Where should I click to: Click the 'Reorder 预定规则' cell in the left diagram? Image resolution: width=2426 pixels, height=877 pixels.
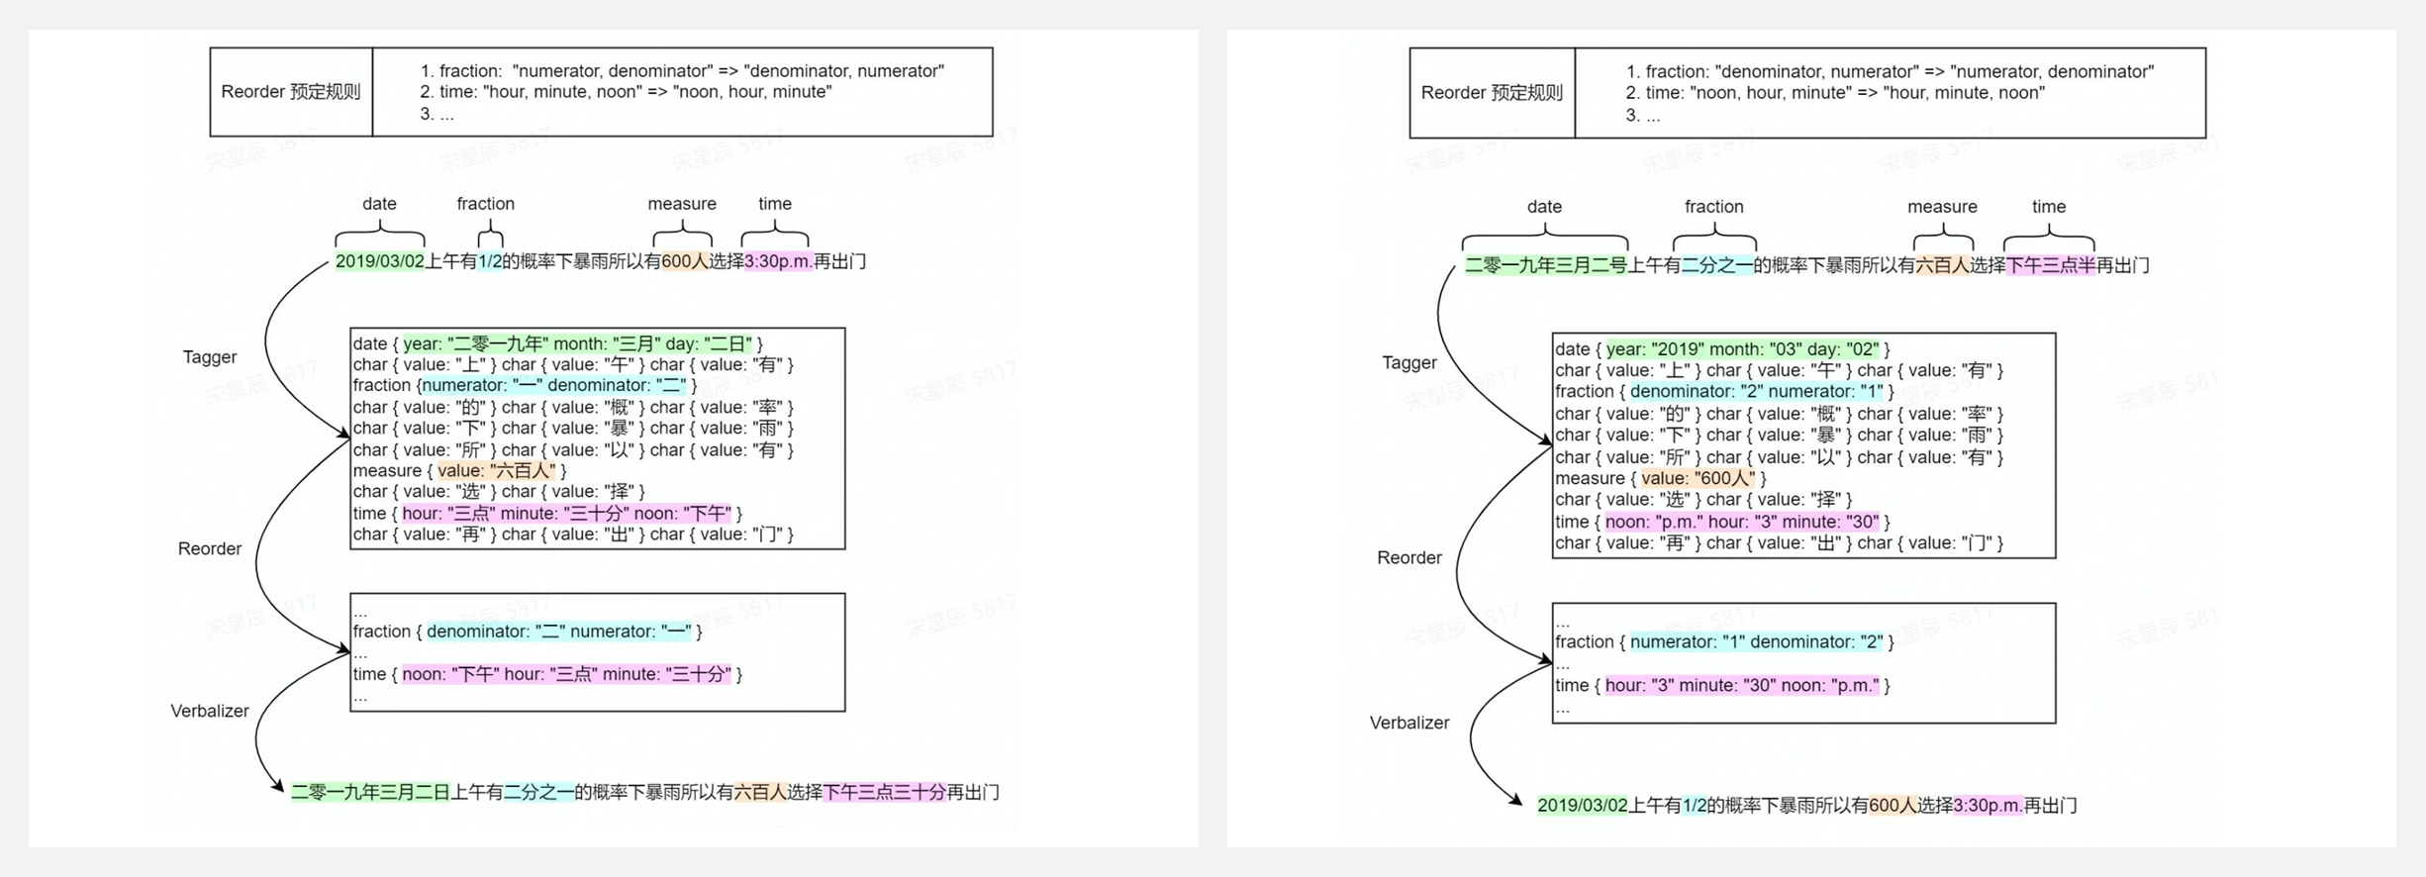tap(290, 92)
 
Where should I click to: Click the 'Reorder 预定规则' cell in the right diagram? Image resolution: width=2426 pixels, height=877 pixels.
tap(1491, 93)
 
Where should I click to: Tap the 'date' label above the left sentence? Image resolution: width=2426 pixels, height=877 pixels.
tap(379, 204)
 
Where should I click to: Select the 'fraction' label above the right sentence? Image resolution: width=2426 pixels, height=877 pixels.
tap(1713, 207)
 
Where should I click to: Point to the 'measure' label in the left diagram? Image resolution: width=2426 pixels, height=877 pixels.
tap(682, 204)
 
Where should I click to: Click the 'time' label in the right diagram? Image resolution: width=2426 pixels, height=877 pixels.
tap(2048, 207)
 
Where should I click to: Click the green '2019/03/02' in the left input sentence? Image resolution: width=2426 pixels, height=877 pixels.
tap(379, 261)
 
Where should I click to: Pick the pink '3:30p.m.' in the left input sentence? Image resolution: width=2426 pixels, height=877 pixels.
tap(778, 261)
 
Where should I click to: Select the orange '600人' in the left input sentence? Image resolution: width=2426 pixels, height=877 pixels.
tap(685, 261)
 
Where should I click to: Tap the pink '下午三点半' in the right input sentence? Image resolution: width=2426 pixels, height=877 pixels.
tap(2050, 265)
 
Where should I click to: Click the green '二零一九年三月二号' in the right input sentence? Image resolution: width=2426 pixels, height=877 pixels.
tap(1545, 265)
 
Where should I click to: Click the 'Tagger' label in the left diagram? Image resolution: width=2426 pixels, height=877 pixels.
tap(210, 357)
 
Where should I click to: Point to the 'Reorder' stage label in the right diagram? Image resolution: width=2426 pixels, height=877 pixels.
tap(1408, 558)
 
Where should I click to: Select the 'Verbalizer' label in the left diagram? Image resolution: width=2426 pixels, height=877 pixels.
tap(210, 711)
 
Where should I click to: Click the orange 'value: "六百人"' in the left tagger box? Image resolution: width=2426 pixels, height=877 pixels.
tap(497, 471)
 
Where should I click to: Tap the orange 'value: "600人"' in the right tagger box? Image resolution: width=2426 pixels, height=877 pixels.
tap(1698, 479)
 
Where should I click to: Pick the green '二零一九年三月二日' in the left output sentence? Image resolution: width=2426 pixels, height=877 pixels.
tap(370, 792)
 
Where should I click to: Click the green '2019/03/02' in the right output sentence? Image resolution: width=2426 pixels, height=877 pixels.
tap(1582, 806)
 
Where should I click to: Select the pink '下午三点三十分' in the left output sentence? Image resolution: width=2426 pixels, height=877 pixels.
tap(884, 792)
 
